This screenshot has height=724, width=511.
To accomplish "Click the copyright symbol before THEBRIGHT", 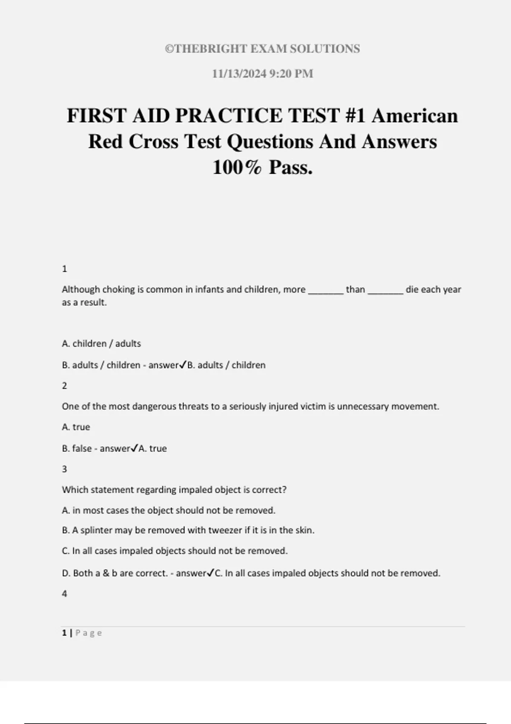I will (x=169, y=49).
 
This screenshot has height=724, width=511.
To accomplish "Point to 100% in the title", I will (x=237, y=167).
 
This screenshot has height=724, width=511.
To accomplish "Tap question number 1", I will (x=64, y=269).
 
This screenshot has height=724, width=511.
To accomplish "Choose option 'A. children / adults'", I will (x=101, y=344).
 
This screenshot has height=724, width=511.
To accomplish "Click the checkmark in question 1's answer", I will (x=183, y=365).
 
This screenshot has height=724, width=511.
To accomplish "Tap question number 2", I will (x=64, y=385).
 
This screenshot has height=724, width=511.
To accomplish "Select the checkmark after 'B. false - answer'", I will (x=134, y=448).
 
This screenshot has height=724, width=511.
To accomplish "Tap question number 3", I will (x=64, y=469).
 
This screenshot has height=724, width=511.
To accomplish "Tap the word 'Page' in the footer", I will (x=89, y=633).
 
